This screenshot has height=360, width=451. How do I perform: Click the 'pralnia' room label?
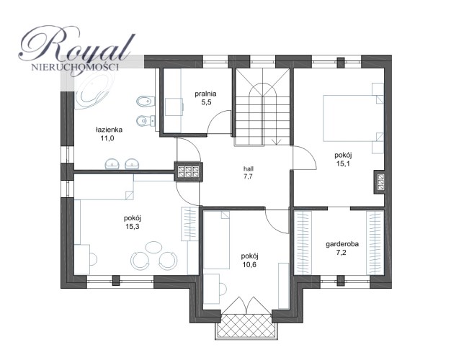point(205,94)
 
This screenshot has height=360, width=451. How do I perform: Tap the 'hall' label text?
point(249,168)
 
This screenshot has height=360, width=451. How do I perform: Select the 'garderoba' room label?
point(342,244)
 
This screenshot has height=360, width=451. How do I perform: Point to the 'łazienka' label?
point(109,130)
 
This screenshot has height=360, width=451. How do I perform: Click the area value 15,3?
point(133,227)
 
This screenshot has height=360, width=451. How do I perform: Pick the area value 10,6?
point(249,264)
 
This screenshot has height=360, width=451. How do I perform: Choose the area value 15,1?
point(343,164)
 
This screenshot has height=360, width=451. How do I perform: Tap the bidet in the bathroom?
point(146,102)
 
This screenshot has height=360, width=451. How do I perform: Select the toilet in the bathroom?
point(146,121)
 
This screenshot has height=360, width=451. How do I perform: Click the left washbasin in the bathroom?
point(112,164)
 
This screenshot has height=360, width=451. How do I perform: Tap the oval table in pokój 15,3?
point(154,247)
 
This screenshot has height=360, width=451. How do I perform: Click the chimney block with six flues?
point(188,171)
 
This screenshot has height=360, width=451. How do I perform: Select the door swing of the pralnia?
point(219,122)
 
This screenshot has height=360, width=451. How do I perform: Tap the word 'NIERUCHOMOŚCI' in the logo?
point(75,68)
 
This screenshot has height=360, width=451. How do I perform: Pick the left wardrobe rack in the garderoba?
point(303,243)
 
